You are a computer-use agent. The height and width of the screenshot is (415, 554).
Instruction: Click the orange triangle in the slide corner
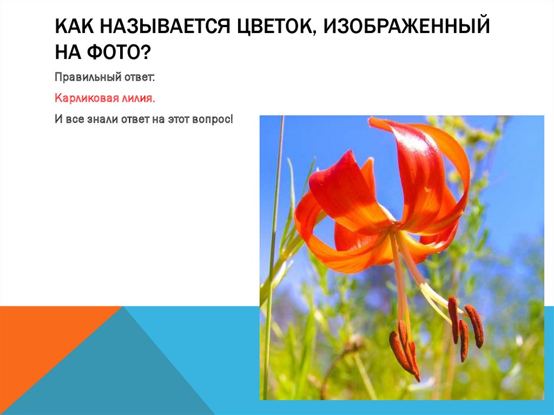point(49,346)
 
